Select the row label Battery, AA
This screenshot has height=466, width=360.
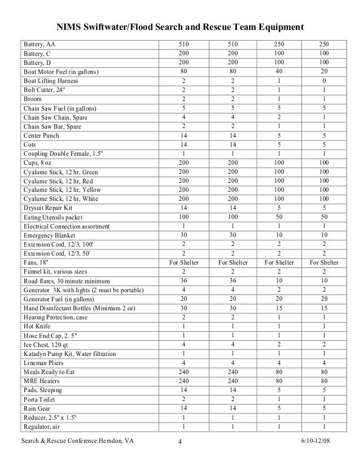coord(39,45)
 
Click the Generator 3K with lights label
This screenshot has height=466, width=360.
coord(82,289)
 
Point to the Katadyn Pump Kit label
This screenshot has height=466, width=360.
coord(69,353)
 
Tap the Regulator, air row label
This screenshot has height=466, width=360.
coord(42,426)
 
